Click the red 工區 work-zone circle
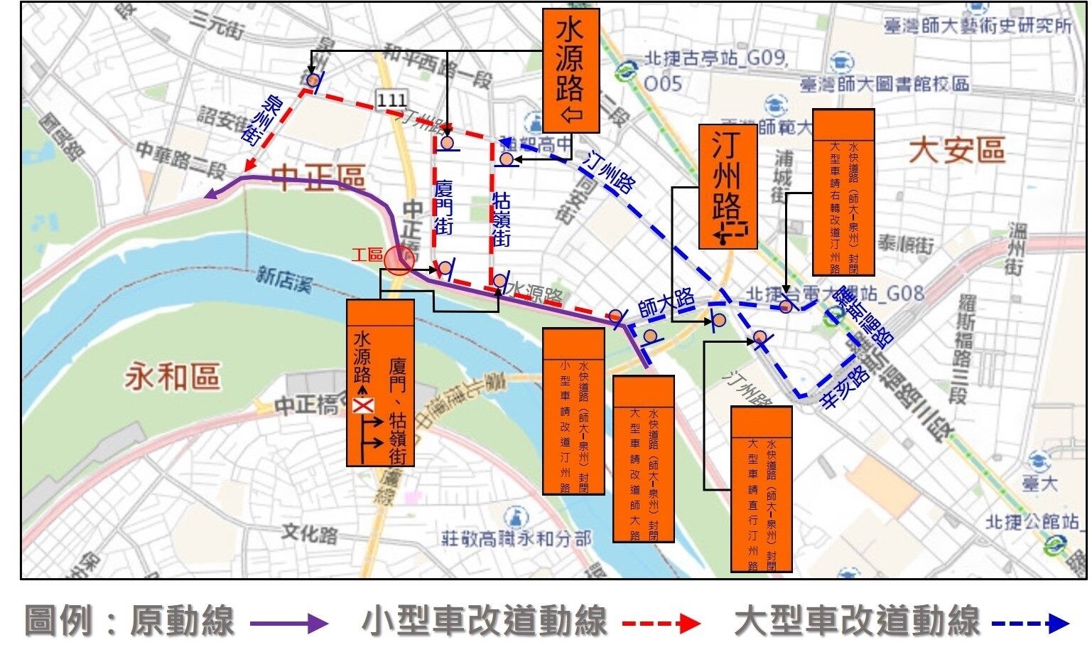point(399,260)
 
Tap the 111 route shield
point(392,100)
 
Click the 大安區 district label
point(958,151)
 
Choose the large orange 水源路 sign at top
point(571,71)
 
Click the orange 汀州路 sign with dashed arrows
point(728,187)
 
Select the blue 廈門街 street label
point(444,207)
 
